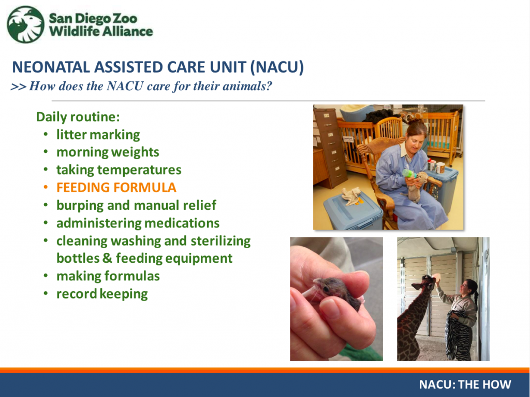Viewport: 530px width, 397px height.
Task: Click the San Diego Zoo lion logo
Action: (x=26, y=24)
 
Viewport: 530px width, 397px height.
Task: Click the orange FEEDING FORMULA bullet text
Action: (x=116, y=188)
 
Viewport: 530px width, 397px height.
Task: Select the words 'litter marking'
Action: (x=98, y=135)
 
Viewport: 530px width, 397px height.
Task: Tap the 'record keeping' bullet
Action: (x=102, y=294)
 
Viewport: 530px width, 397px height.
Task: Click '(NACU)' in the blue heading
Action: (x=277, y=67)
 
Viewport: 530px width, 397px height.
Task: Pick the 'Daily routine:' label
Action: (x=78, y=117)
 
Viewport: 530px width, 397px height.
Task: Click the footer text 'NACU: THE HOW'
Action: (x=465, y=385)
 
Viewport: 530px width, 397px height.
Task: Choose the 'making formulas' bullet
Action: (x=108, y=276)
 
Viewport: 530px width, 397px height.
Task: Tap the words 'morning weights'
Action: (x=108, y=152)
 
